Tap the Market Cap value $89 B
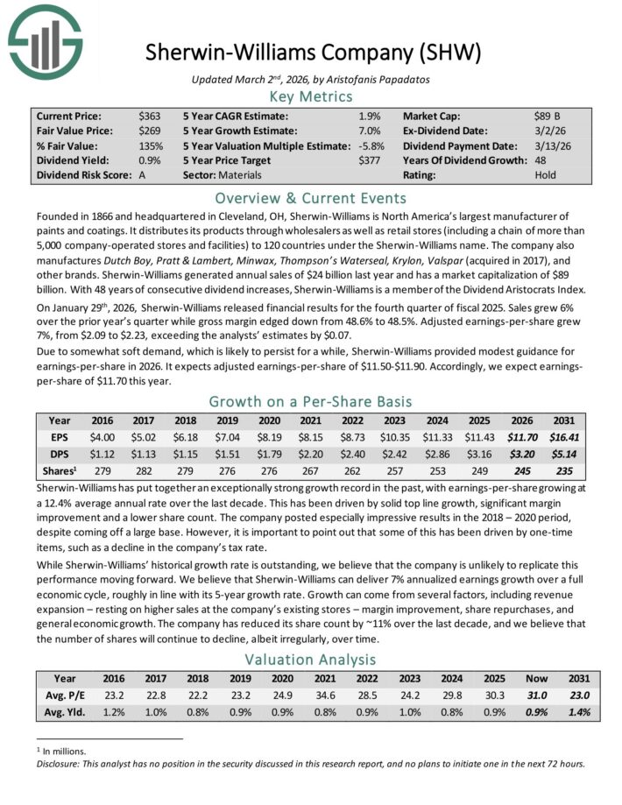click(548, 116)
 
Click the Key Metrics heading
click(311, 96)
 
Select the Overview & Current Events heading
click(311, 197)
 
